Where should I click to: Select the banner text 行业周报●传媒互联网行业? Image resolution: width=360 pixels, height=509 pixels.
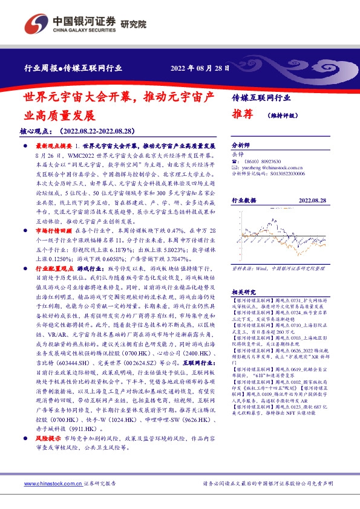(76, 68)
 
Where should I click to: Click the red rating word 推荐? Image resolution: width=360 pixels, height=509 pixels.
(241, 114)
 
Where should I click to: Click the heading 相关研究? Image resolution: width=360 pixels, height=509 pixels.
(244, 274)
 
